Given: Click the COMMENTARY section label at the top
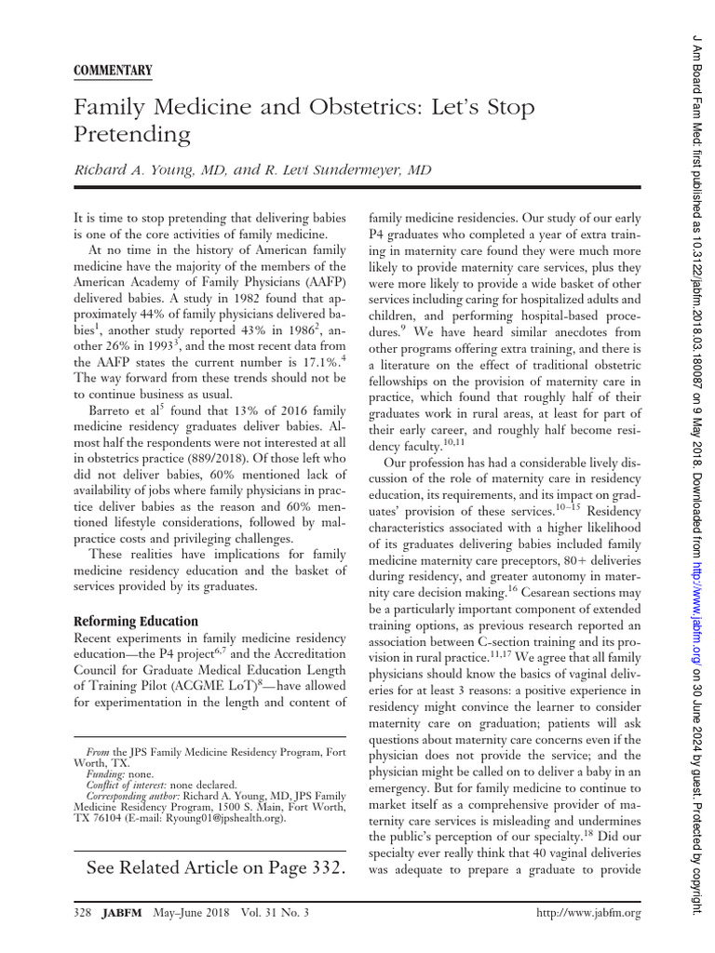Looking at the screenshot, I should click(x=113, y=71).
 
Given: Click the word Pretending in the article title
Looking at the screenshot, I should click(x=131, y=136).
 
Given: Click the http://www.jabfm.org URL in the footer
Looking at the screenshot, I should click(x=590, y=914).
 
